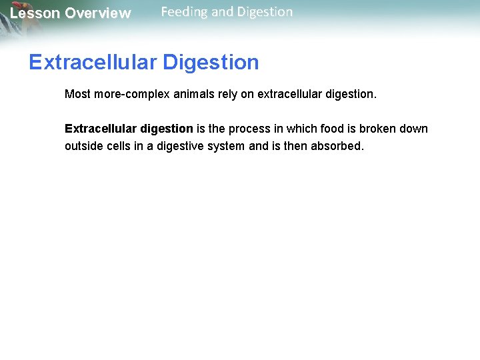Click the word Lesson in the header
[x=34, y=13]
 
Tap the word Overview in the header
[x=98, y=13]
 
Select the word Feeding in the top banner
[x=184, y=12]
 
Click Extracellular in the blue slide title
[x=93, y=62]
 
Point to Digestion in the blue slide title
[x=211, y=62]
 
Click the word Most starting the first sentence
[x=77, y=95]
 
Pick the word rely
[x=226, y=95]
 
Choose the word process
[x=248, y=129]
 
